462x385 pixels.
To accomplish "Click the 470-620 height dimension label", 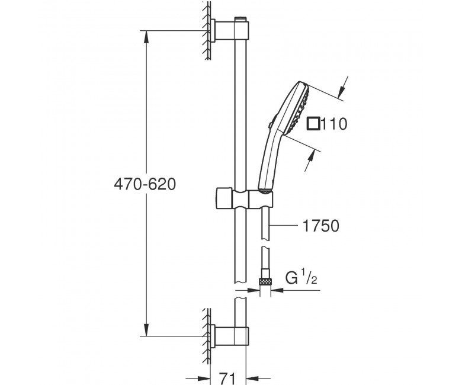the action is pos(145,184).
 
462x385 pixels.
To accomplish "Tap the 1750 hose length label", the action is pos(321,226).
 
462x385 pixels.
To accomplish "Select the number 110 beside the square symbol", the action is pos(334,124).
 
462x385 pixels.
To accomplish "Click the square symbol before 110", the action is pos(313,123).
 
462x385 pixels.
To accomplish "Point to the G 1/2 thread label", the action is pos(301,277).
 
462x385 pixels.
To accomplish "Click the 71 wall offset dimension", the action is pos(228,377).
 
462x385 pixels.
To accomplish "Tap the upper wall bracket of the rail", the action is pos(230,30).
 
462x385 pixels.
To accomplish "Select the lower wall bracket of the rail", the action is pos(230,336).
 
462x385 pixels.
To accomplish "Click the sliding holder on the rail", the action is pos(245,199).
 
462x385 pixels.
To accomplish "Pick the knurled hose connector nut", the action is pos(265,281).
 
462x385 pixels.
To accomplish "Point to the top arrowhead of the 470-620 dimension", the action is pos(146,37).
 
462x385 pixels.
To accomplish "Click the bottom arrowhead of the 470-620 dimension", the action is pos(146,329).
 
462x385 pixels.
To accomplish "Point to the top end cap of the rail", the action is pos(240,19).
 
